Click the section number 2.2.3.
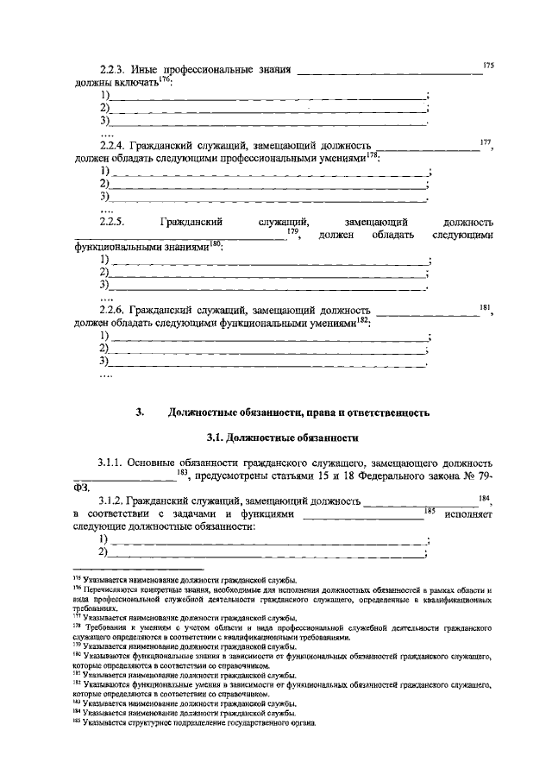point(113,68)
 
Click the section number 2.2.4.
point(113,147)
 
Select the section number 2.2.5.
point(113,223)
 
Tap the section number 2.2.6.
point(113,310)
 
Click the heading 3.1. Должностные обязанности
point(275,438)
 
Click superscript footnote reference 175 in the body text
point(488,64)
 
